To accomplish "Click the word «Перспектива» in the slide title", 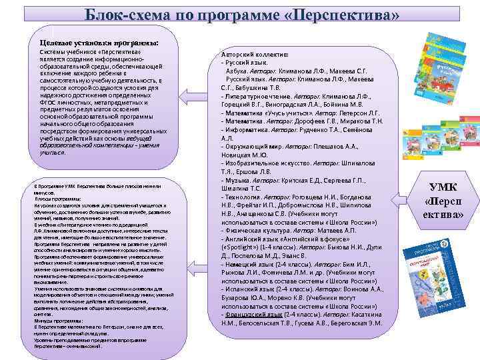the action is [x=347, y=15].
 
